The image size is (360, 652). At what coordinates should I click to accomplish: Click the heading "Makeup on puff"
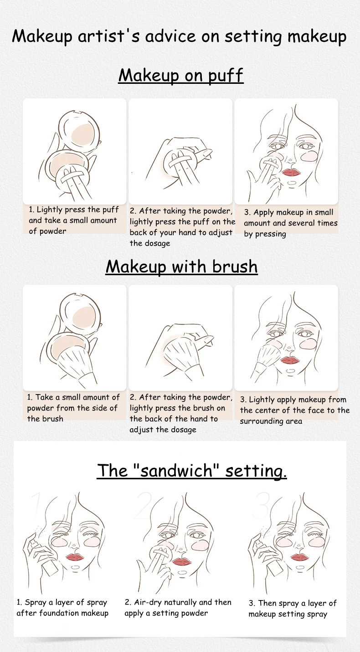click(x=181, y=75)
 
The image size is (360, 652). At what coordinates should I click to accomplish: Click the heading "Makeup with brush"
click(x=182, y=267)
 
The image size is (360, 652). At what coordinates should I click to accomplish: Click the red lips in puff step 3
click(x=291, y=172)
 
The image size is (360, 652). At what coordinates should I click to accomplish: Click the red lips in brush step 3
click(x=290, y=360)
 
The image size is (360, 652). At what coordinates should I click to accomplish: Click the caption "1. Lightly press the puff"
click(x=74, y=210)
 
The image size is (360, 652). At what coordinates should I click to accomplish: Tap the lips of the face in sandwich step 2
click(x=182, y=561)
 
